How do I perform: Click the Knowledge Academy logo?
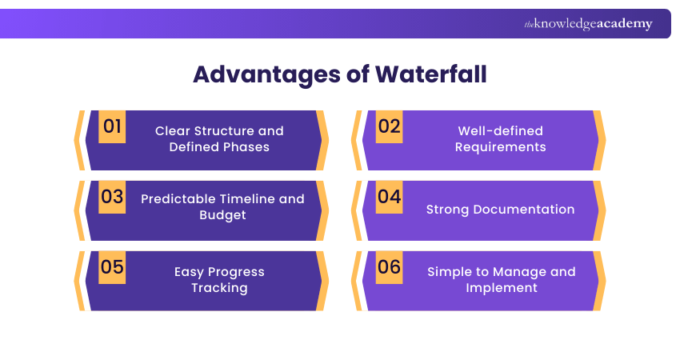pos(588,24)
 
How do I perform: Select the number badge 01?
pos(112,126)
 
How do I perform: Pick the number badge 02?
pos(389,126)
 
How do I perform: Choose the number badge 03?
pos(112,197)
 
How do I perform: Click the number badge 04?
pos(389,197)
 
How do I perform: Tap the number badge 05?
pos(112,267)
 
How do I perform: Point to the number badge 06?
pos(389,267)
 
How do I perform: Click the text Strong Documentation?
pos(500,210)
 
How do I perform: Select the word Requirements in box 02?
pos(500,147)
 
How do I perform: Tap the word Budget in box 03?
pos(222,215)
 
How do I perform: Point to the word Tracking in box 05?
pos(219,288)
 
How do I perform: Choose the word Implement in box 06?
pos(501,288)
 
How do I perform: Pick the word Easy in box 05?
pos(190,272)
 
